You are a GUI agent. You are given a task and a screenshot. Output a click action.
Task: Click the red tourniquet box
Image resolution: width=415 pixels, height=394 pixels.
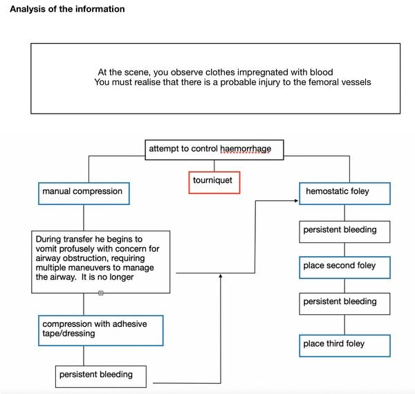(214, 183)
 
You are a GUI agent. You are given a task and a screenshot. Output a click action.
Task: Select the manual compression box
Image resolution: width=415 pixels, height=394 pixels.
(84, 193)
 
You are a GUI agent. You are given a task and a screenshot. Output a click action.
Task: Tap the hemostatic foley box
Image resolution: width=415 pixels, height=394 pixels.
(344, 193)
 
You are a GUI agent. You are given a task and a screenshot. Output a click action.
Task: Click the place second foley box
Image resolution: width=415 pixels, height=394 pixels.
(344, 267)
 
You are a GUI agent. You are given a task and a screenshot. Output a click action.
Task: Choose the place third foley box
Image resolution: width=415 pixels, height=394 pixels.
(344, 346)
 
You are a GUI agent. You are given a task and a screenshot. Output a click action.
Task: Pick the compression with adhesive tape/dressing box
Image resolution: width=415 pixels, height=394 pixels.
(100, 330)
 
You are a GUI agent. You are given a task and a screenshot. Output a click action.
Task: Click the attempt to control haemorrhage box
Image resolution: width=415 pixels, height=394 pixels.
(214, 150)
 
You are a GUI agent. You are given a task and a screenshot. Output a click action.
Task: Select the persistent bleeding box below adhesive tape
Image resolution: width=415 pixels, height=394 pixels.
(100, 377)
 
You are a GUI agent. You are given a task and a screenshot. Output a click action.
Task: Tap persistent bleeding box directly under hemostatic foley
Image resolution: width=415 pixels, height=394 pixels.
(344, 232)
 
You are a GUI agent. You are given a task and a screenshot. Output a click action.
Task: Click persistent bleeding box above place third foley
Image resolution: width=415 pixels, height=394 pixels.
(344, 304)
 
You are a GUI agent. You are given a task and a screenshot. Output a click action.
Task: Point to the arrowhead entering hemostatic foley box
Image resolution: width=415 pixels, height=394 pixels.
(297, 201)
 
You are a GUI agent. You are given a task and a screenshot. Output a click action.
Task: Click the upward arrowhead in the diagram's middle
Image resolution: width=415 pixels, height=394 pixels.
(221, 276)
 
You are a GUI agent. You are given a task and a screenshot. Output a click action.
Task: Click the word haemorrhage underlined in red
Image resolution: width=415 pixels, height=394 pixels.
(246, 149)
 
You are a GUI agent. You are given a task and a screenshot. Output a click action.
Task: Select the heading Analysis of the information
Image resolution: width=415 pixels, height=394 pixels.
(67, 9)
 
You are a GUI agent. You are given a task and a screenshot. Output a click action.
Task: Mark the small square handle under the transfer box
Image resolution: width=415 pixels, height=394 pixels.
(100, 293)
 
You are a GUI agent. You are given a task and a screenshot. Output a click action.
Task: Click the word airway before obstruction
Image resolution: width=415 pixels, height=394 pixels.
(48, 258)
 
